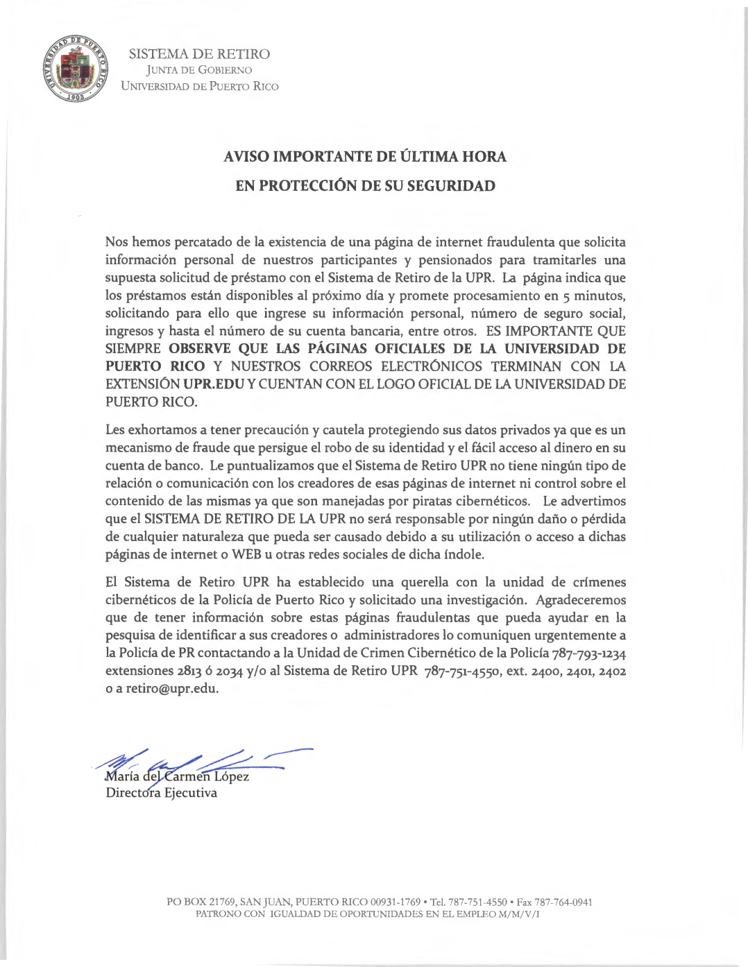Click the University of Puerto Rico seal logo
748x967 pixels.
click(x=76, y=69)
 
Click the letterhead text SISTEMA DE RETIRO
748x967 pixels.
click(x=199, y=54)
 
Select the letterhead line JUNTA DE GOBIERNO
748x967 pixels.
click(x=199, y=70)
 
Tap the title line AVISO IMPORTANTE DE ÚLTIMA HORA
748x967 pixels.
click(x=365, y=157)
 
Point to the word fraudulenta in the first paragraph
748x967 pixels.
click(x=520, y=242)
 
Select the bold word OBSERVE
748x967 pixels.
click(x=199, y=349)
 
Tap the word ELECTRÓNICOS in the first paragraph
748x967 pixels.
click(x=431, y=366)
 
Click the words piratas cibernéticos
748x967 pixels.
click(x=480, y=502)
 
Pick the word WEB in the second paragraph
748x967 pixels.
click(x=246, y=554)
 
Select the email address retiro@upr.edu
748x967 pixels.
click(x=172, y=689)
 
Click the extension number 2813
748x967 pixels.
click(x=189, y=671)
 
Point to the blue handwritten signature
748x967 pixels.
click(x=201, y=761)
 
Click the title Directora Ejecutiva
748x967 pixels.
click(x=161, y=793)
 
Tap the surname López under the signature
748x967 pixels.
click(x=231, y=777)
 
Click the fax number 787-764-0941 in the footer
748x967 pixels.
click(x=563, y=902)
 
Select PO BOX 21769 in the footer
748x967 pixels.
click(x=201, y=902)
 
